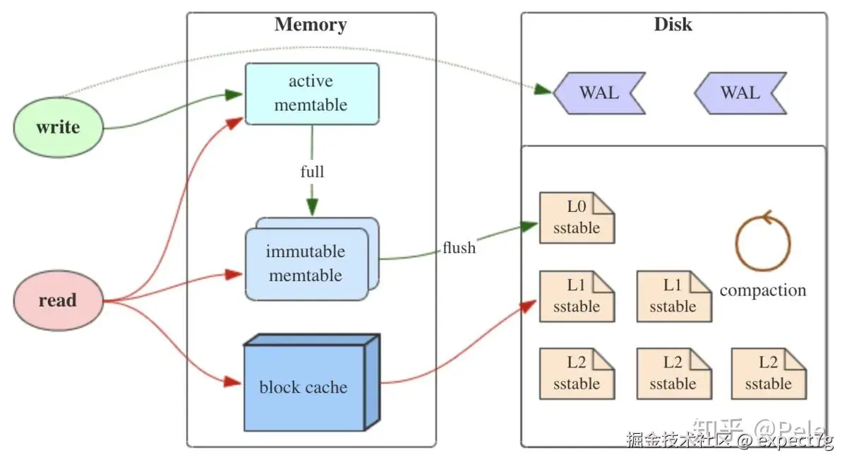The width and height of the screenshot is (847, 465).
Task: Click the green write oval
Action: (58, 128)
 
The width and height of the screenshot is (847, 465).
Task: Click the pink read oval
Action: (58, 300)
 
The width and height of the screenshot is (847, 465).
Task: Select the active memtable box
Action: (311, 93)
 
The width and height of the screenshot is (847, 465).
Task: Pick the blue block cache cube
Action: (304, 387)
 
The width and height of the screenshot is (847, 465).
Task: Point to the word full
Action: (312, 172)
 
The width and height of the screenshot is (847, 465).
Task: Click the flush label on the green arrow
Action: (459, 248)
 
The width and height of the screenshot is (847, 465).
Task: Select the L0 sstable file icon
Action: (577, 218)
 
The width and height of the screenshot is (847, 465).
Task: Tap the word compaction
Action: (762, 290)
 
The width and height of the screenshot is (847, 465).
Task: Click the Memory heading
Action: (311, 25)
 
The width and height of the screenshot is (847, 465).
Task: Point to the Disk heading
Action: (673, 25)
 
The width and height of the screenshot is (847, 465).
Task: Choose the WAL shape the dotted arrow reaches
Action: (599, 93)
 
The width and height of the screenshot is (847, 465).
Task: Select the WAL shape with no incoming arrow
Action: (740, 93)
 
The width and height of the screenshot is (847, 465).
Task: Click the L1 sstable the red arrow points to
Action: (577, 296)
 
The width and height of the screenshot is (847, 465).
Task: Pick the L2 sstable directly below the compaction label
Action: (769, 373)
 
